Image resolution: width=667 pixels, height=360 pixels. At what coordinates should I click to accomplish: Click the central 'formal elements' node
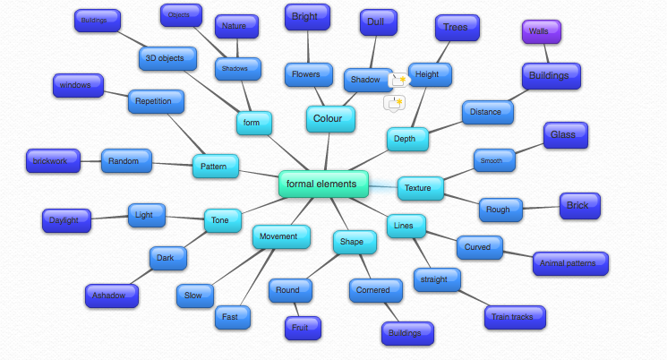coord(322,184)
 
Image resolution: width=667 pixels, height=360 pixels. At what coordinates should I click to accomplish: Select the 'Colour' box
coord(329,118)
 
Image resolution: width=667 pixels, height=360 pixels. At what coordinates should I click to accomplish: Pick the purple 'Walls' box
coord(541,31)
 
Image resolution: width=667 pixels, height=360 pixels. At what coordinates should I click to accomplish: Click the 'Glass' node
coord(565,134)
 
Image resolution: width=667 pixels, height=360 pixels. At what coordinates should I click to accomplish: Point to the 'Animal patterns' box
coord(570,263)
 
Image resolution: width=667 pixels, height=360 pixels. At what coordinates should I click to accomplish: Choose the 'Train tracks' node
coord(515,316)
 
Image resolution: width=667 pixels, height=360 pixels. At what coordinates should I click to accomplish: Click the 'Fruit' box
coord(300,328)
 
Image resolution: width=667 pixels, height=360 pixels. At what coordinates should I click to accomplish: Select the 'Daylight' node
coord(66,219)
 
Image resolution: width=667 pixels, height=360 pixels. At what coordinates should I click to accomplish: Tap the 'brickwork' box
coord(53,161)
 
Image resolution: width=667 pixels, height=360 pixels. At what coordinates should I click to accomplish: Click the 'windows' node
coord(78,86)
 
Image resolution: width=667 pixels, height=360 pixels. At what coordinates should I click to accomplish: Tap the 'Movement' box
coord(281,237)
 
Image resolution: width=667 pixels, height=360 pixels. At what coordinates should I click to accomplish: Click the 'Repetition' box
coord(155,101)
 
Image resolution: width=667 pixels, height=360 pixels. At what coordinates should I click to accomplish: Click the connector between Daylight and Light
coord(109,218)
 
